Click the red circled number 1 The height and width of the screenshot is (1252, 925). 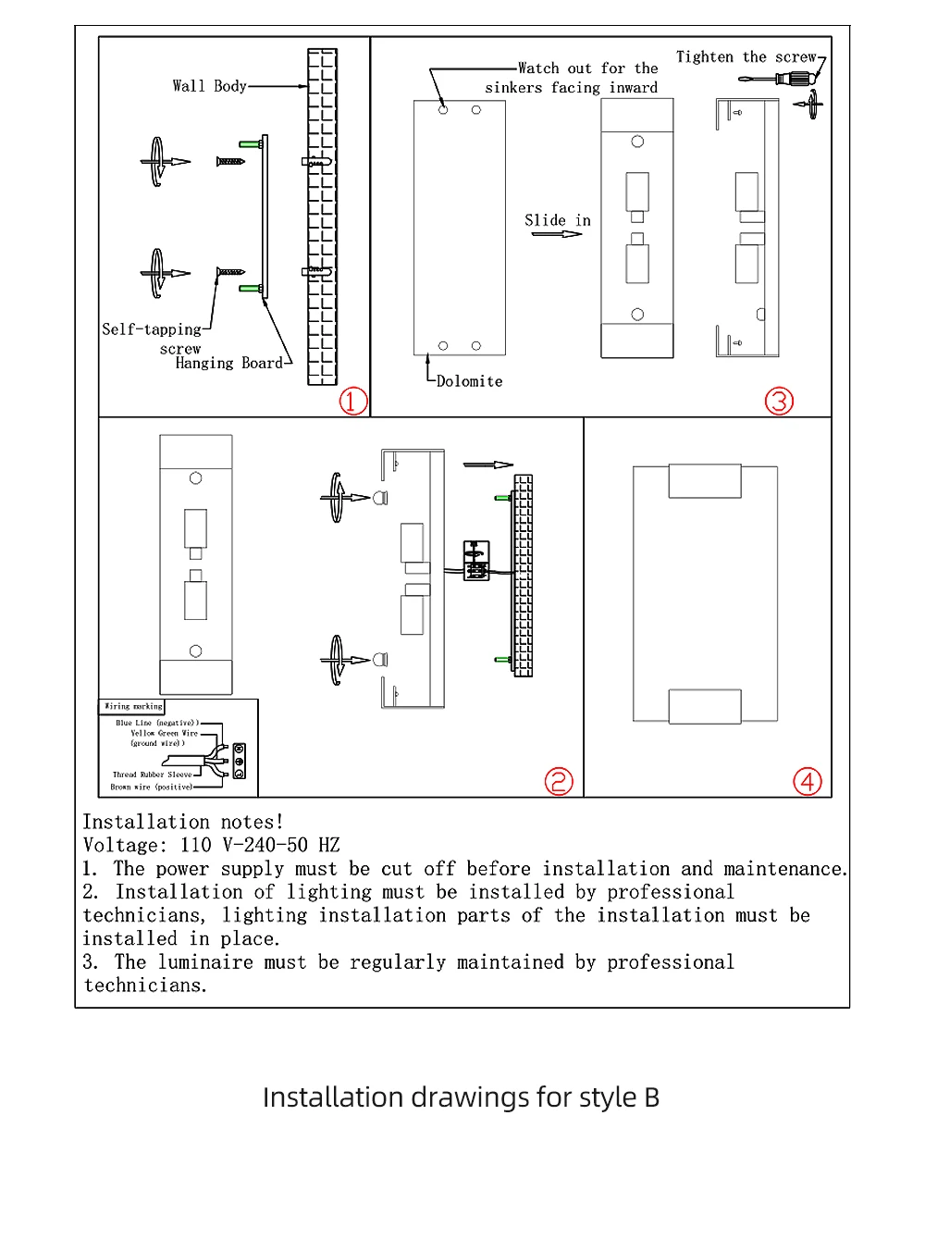point(353,401)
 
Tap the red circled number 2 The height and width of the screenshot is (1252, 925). point(559,781)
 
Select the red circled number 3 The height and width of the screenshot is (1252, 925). point(779,401)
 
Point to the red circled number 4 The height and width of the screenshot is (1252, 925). point(808,781)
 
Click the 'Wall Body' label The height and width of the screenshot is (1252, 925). point(209,86)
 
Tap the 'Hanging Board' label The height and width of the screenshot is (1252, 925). point(228,363)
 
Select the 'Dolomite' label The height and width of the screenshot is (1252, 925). point(469,381)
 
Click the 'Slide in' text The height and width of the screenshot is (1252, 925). point(557,220)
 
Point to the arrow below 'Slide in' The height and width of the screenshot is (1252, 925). point(557,234)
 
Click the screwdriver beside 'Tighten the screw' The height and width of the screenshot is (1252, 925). point(783,79)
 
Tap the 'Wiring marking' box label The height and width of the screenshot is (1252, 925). point(132,706)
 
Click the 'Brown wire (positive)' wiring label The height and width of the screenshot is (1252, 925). point(152,787)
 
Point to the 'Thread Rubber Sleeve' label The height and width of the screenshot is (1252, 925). point(153,775)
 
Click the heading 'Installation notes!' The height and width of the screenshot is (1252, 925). point(183,822)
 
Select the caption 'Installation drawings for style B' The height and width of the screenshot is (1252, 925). point(461,1097)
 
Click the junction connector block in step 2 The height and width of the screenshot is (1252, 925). point(476,561)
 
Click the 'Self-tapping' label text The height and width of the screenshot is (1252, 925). point(151,329)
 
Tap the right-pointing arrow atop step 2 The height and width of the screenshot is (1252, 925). point(488,465)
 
